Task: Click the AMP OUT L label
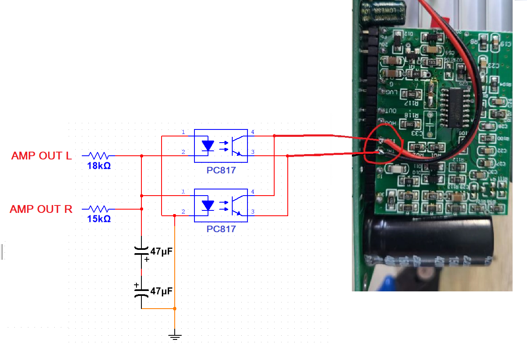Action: click(42, 156)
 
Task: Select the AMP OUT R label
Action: click(41, 209)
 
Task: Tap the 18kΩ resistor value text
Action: click(99, 166)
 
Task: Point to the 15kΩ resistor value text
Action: click(99, 219)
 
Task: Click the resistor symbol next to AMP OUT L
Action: click(99, 156)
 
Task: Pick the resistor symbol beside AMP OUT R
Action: click(99, 209)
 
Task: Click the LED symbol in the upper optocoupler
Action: click(208, 145)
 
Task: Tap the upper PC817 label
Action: click(221, 170)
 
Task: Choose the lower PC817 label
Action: click(221, 229)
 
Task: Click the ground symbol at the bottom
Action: click(175, 337)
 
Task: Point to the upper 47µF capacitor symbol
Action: click(141, 251)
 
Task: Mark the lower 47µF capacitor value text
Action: click(161, 291)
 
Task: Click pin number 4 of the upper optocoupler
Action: click(253, 132)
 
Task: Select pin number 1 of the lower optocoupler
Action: click(183, 192)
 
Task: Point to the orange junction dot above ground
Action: click(175, 308)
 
